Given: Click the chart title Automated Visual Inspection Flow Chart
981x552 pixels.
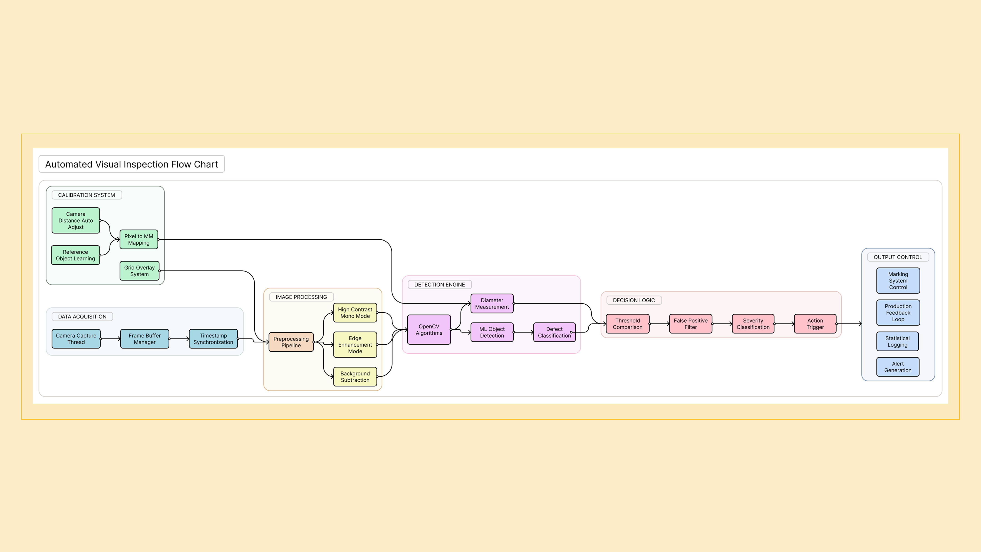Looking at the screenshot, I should [131, 164].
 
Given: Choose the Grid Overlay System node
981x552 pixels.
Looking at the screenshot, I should [139, 271].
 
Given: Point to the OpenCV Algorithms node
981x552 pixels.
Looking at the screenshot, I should [429, 330].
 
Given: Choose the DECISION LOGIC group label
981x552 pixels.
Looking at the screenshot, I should [634, 300].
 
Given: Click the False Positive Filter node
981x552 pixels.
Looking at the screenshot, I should [690, 324].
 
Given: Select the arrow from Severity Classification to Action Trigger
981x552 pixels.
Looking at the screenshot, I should [784, 324].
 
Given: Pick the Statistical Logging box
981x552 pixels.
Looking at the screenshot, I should [898, 342].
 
